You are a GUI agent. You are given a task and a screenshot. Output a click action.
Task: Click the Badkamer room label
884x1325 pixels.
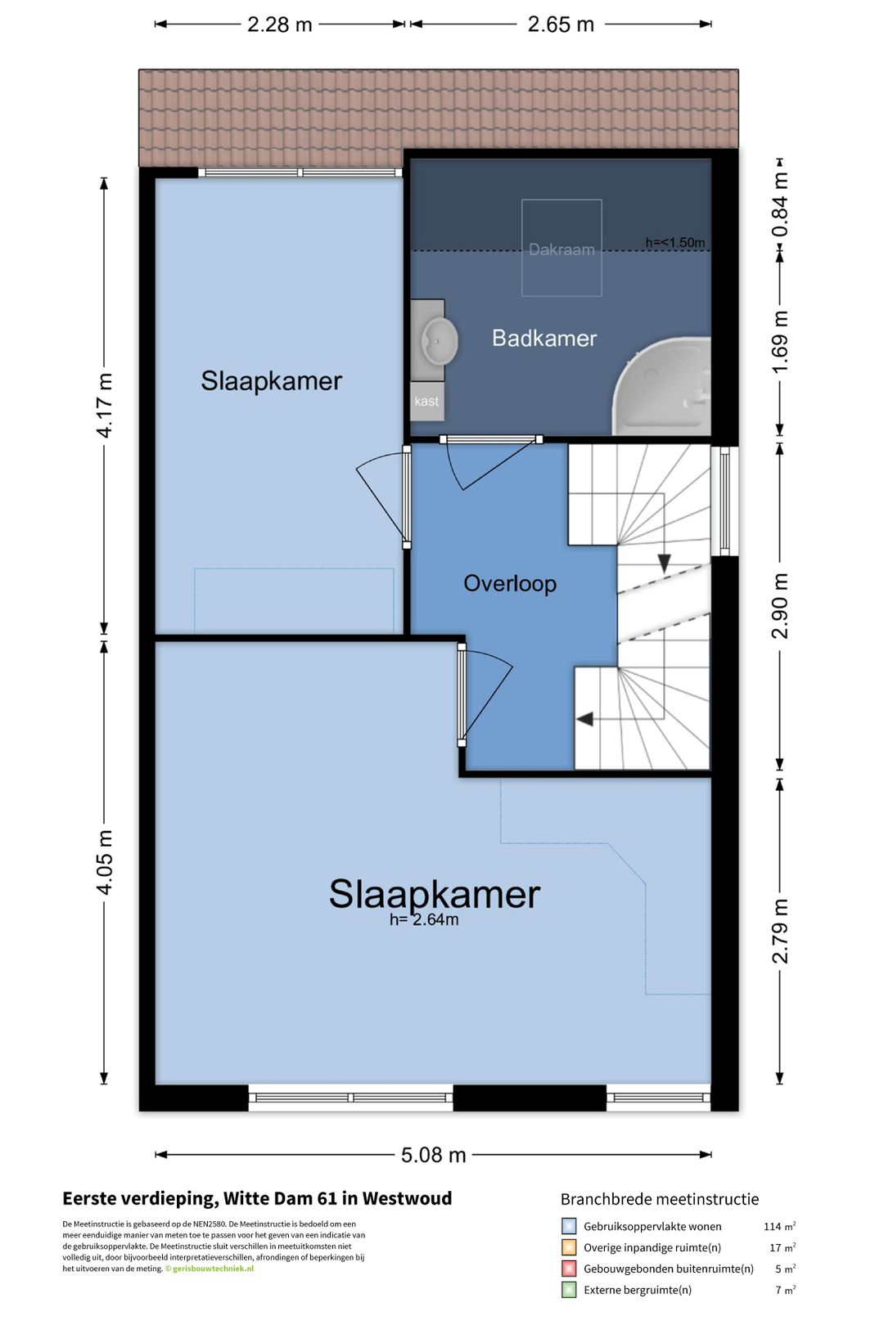544,339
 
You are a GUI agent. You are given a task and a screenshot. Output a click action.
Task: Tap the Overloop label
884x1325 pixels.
510,584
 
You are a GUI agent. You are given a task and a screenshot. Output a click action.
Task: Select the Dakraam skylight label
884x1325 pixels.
562,249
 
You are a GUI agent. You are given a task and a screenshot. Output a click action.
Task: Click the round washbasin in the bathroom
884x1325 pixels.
439,341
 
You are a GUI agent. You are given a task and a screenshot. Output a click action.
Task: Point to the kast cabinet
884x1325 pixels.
427,402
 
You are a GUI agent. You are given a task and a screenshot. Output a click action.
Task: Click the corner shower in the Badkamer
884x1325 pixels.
661,386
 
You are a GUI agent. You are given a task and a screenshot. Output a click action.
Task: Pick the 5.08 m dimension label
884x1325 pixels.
434,1155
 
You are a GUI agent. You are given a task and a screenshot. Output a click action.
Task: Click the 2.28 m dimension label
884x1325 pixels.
279,25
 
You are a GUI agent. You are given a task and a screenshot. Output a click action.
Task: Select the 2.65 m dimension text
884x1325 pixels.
561,25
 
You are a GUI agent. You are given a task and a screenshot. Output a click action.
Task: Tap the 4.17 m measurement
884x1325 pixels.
104,405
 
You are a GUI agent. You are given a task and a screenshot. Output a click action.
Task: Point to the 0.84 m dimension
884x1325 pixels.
780,204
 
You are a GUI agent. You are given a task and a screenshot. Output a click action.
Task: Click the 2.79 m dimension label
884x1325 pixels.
780,931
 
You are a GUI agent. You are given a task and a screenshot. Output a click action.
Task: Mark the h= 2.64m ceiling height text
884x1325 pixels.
424,920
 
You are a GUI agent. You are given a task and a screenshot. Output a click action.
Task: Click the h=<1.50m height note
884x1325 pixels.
675,243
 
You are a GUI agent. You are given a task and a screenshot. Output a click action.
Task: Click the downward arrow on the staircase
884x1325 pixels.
665,563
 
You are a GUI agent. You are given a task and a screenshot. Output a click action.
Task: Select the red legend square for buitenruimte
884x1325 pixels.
569,1269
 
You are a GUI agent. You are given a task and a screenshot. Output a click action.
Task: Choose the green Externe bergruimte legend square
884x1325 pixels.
569,1290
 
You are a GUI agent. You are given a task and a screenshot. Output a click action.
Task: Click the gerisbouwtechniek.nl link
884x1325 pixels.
213,1269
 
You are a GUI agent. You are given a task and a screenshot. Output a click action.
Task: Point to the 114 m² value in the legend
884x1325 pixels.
779,1226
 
